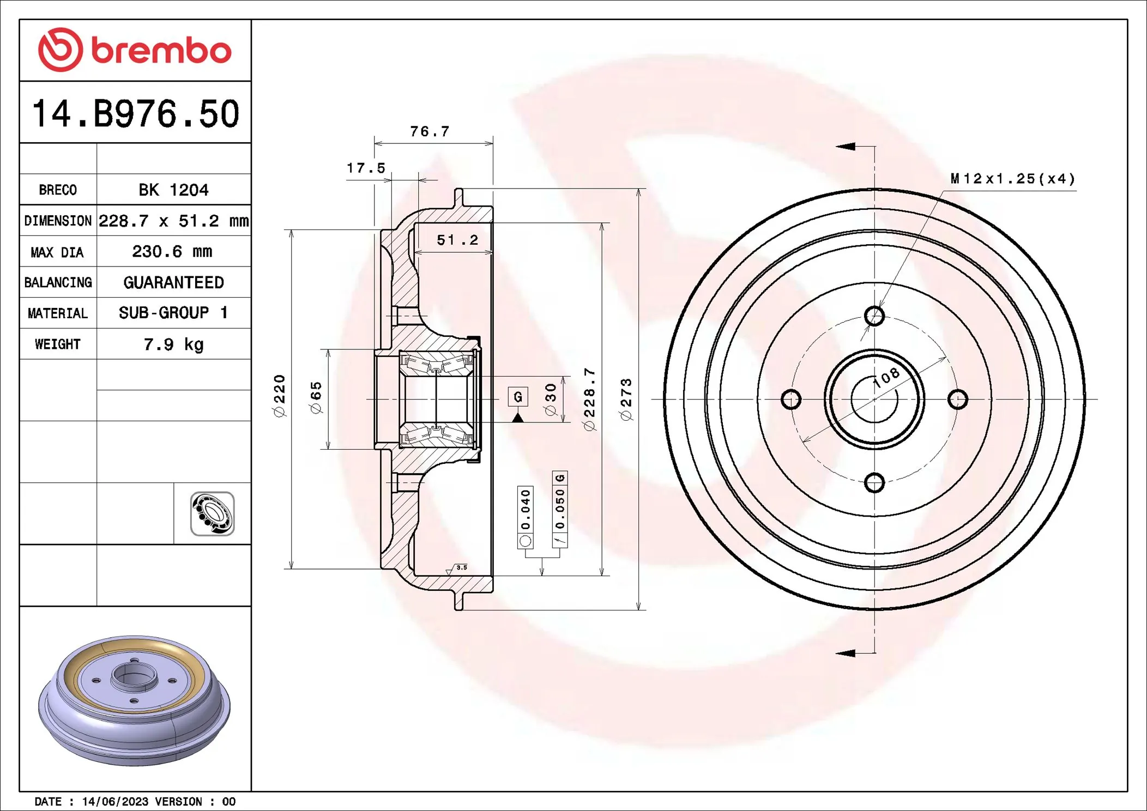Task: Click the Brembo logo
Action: coord(135,50)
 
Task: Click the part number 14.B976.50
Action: coord(136,114)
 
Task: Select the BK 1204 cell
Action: coord(173,190)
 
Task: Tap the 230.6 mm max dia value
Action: coord(172,251)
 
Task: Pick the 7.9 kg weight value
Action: coord(173,344)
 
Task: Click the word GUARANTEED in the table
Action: coord(173,282)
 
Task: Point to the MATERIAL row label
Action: coord(58,313)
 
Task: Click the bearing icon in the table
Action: coord(212,513)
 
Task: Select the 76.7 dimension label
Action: coord(430,131)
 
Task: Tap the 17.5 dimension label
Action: coord(366,168)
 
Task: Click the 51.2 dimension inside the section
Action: coord(457,240)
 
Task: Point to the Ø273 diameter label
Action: coord(626,400)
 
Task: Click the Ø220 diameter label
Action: coord(279,396)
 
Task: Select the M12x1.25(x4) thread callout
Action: coord(1013,179)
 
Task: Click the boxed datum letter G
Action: coord(518,396)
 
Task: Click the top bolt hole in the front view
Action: coord(874,316)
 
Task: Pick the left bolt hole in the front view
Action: coord(791,399)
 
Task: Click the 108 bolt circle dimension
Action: coord(886,377)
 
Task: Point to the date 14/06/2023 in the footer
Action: coord(115,801)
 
